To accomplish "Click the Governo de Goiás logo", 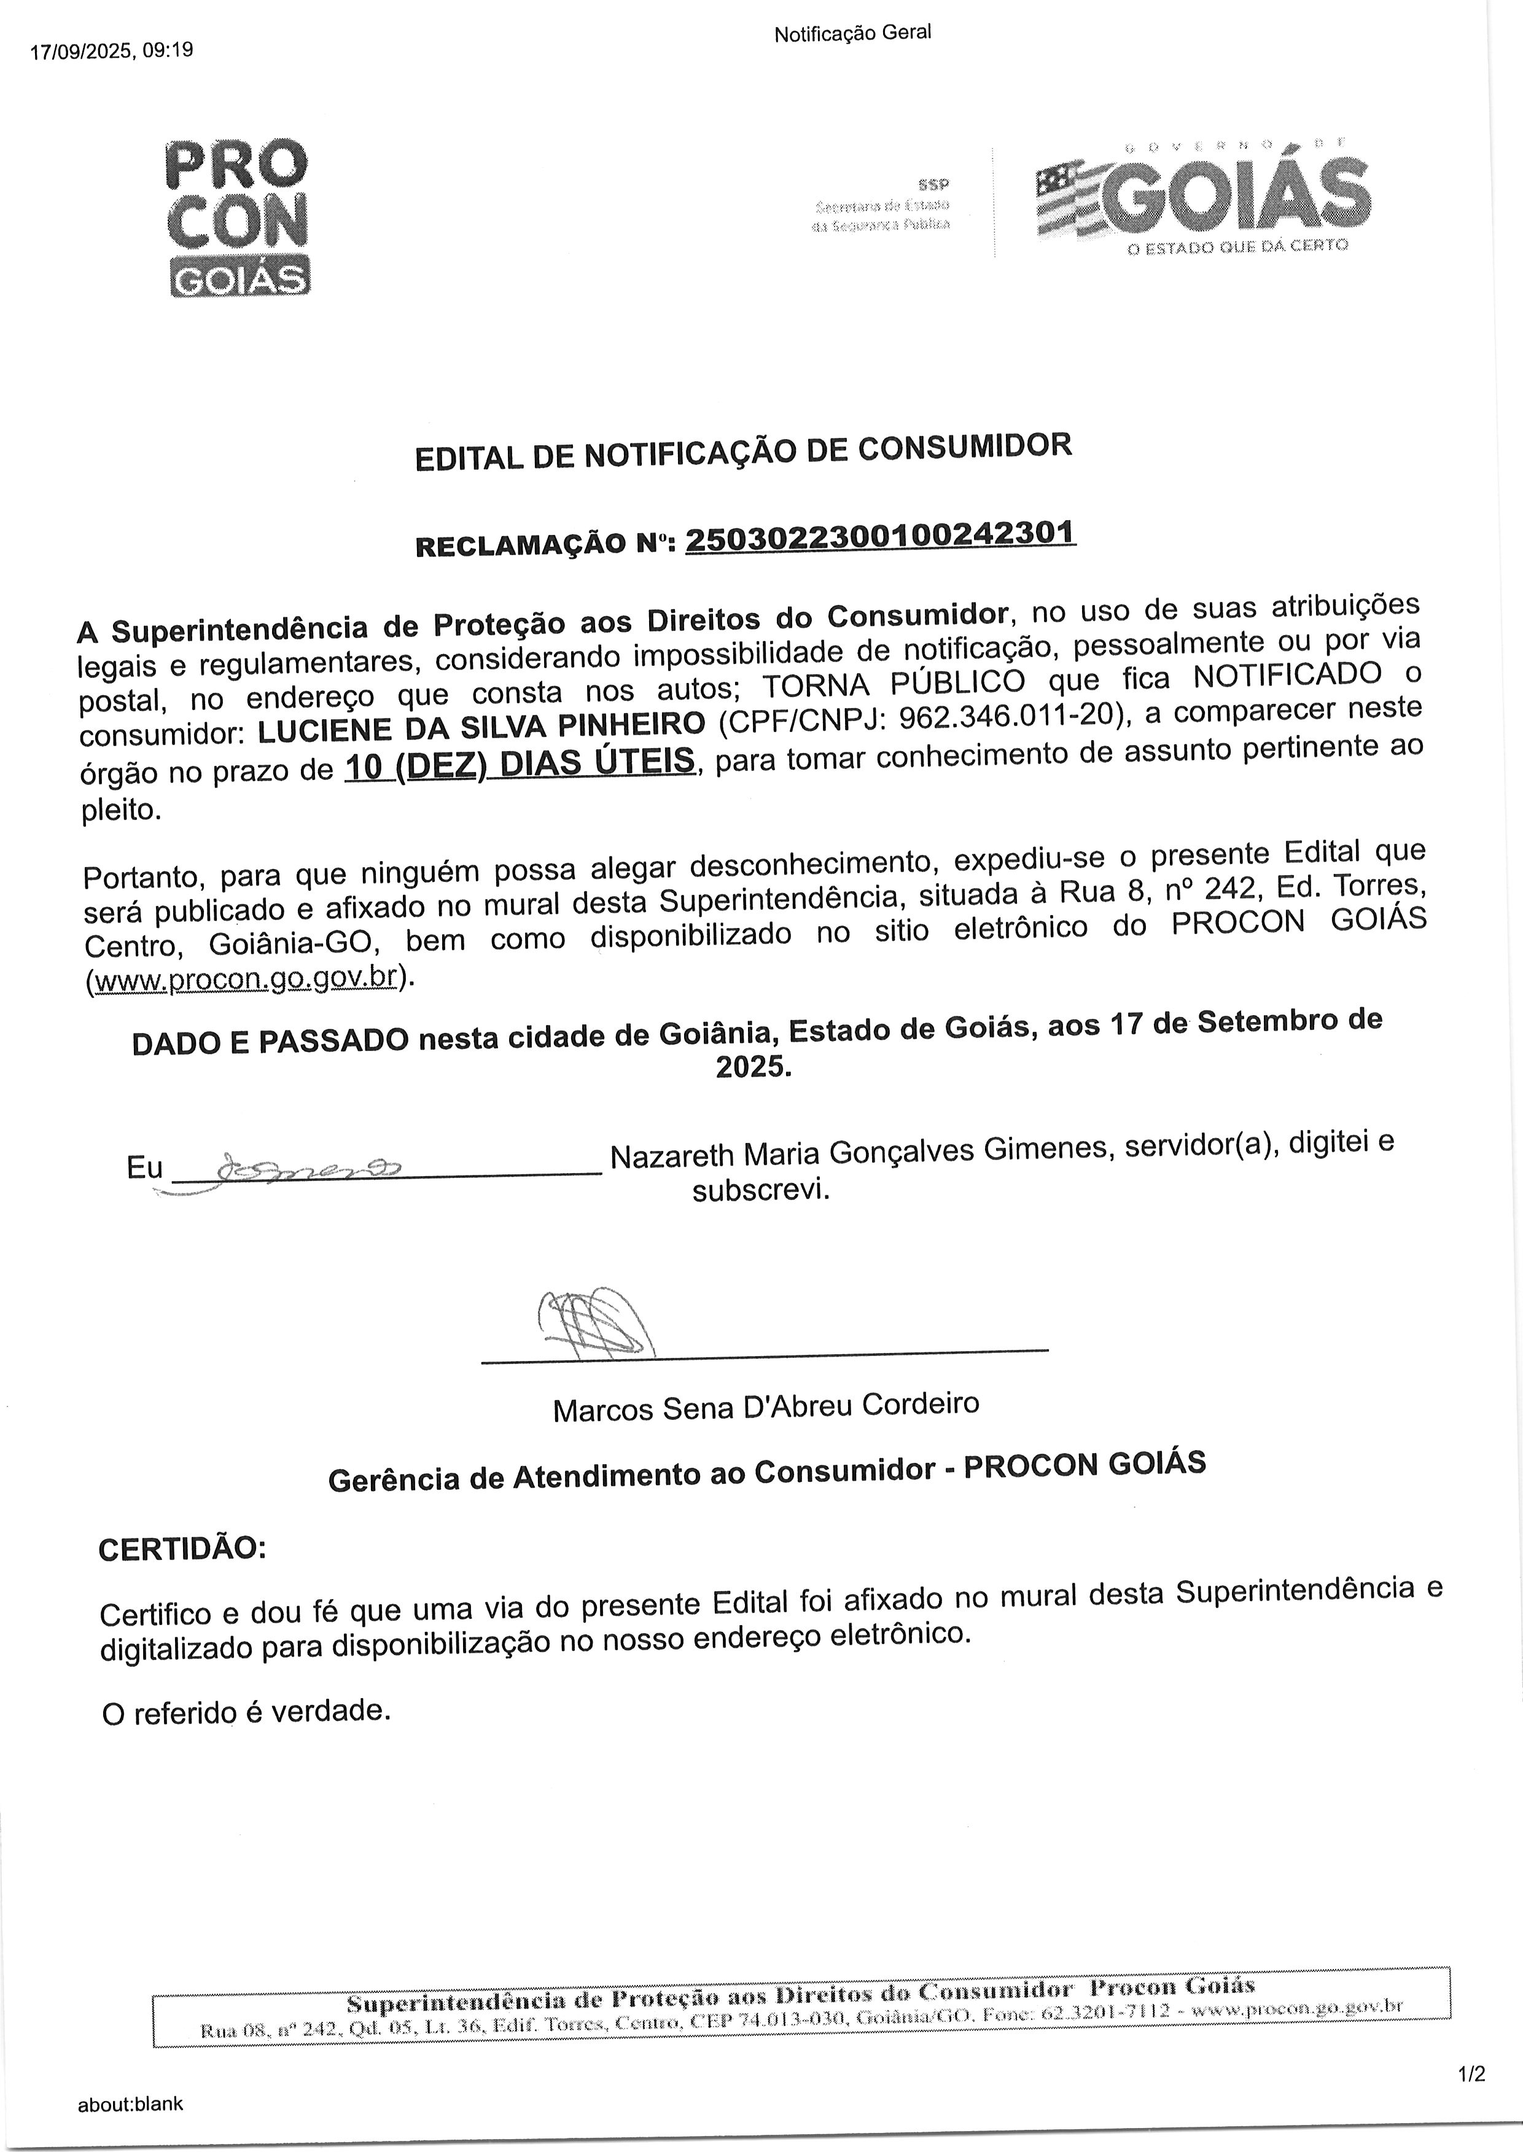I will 1202,198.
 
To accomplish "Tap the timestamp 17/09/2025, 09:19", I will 112,50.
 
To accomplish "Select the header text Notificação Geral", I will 852,33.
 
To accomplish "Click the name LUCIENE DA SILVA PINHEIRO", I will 482,726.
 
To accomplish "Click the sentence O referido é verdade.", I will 246,1712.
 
